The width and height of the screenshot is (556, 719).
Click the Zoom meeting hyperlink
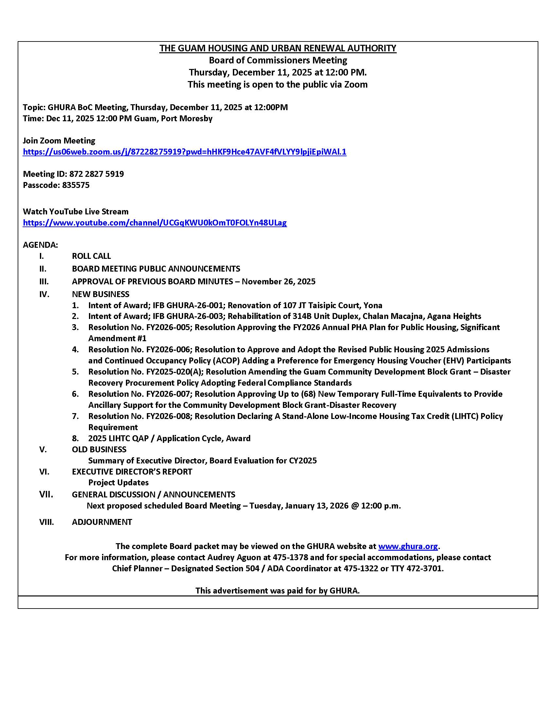tap(184, 152)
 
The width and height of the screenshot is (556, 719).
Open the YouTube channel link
tap(155, 223)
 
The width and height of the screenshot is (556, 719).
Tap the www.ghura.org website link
tap(408, 546)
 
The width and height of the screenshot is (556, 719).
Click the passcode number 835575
tap(76, 185)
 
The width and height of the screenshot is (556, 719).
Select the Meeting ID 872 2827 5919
tap(96, 174)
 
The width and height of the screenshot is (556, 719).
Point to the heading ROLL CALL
tap(91, 256)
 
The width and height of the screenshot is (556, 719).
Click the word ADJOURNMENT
tap(102, 522)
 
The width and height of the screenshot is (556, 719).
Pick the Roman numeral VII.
tap(46, 494)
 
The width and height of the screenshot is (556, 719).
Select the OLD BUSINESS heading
tap(99, 449)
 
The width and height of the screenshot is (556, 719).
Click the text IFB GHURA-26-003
tap(194, 316)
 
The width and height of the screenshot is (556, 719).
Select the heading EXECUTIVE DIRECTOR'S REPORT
tap(132, 471)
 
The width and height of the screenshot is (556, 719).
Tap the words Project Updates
tap(118, 483)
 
